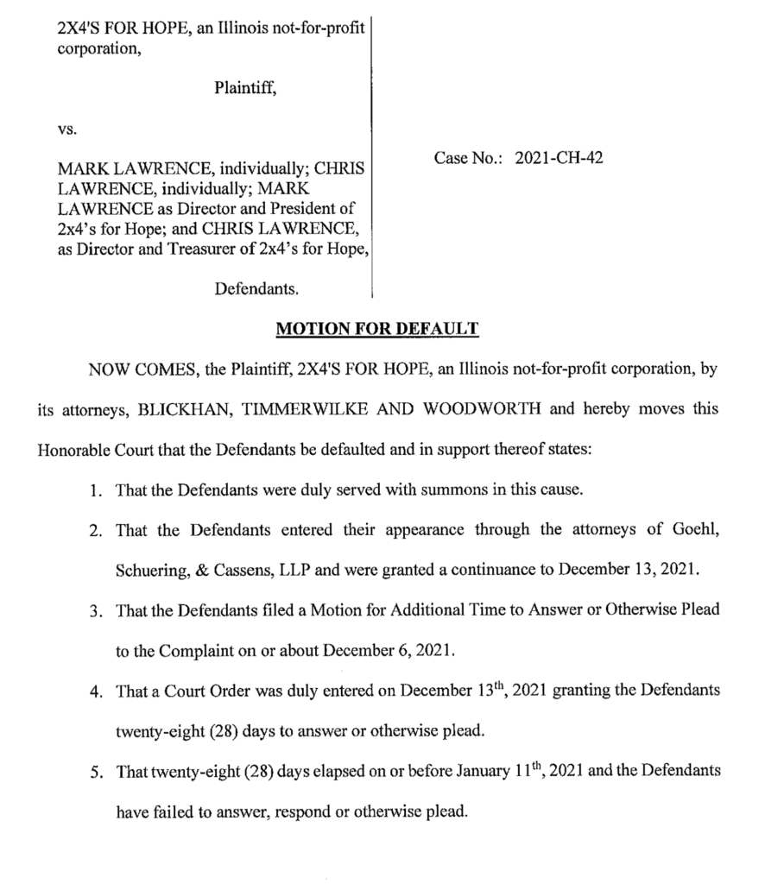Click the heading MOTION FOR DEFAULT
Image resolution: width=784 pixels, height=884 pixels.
point(376,329)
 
